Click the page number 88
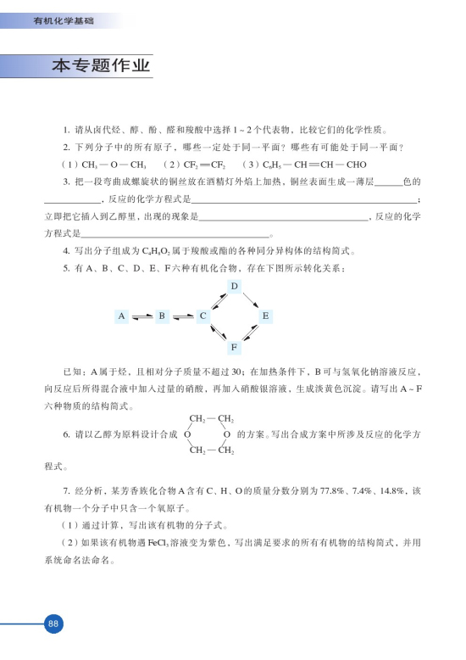53,624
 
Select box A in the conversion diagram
122,316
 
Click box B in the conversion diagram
162,316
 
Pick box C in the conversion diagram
202,316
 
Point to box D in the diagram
234,286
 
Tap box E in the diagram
265,316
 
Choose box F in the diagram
234,346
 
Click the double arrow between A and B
141,316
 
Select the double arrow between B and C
182,316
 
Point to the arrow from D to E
250,301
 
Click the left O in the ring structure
186,434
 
